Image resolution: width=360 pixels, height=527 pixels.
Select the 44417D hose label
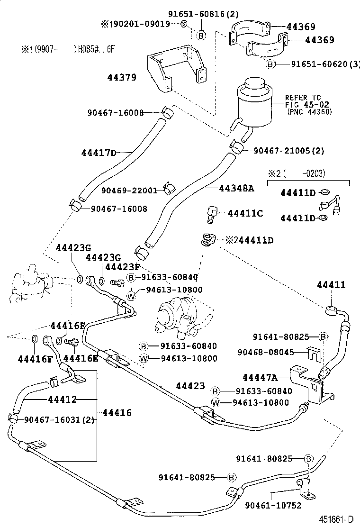click(x=98, y=153)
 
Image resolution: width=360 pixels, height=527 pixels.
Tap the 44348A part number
click(x=236, y=188)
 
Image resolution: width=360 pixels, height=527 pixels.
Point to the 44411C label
click(x=245, y=214)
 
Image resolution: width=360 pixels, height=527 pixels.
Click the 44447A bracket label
click(x=259, y=377)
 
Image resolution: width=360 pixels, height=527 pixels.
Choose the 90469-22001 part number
click(x=129, y=191)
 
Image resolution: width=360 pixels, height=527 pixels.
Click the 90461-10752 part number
click(x=273, y=506)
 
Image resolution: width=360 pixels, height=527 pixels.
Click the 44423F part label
click(x=122, y=267)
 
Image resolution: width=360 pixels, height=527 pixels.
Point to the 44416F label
click(x=35, y=358)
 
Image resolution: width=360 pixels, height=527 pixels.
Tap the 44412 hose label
click(x=62, y=400)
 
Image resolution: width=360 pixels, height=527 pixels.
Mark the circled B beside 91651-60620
click(x=270, y=64)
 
